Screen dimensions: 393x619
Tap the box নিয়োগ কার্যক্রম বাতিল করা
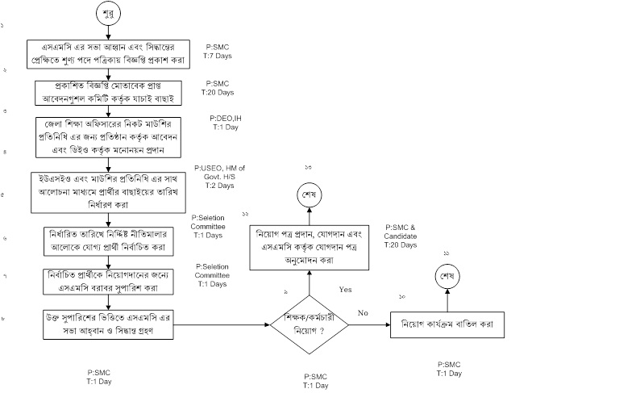pos(443,326)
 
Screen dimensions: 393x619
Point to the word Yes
pos(346,288)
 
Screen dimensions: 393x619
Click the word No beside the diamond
pos(363,311)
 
